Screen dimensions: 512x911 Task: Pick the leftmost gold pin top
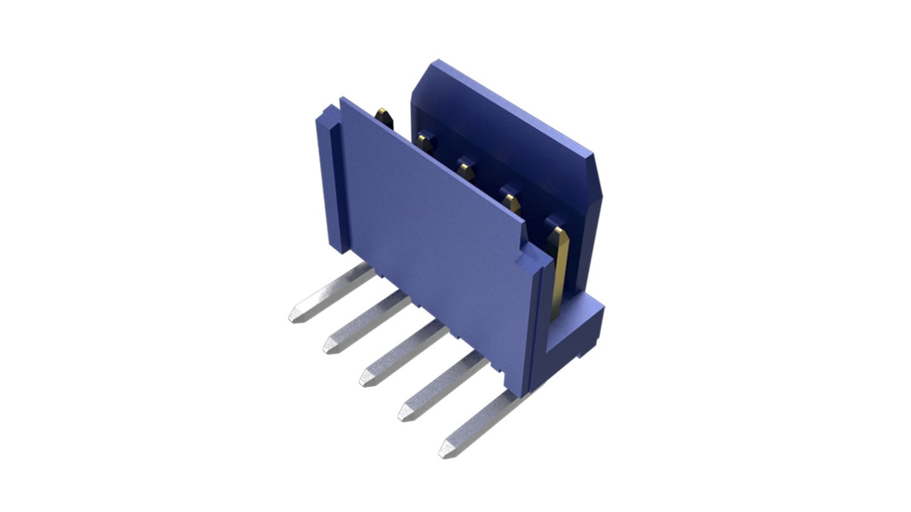click(383, 116)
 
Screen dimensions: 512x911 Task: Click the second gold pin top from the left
click(424, 141)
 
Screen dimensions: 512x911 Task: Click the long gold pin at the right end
click(560, 269)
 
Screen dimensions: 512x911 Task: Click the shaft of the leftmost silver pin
click(334, 292)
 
